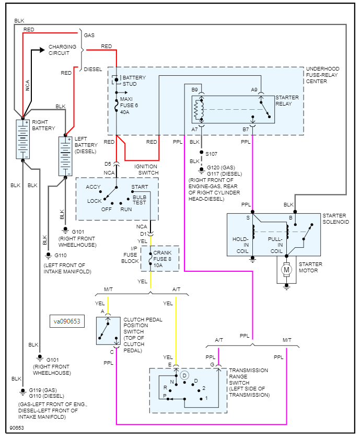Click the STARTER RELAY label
[x=287, y=100]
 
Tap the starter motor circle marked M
[x=286, y=270]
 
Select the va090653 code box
[x=67, y=321]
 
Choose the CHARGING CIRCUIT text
[x=62, y=50]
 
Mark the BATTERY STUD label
[x=134, y=81]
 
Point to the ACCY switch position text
[x=94, y=187]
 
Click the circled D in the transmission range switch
[x=184, y=375]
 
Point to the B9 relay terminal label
[x=194, y=90]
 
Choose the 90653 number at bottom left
[x=16, y=428]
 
